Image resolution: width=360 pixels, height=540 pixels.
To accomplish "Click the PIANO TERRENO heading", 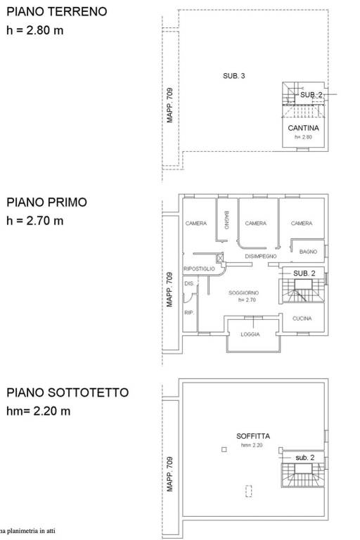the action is pyautogui.click(x=57, y=11).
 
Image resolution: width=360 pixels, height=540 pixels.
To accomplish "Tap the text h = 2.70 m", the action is pyautogui.click(x=34, y=221).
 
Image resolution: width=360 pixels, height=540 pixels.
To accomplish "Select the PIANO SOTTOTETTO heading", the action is pyautogui.click(x=67, y=392).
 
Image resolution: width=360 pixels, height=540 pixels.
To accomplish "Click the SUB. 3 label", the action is pyautogui.click(x=234, y=76).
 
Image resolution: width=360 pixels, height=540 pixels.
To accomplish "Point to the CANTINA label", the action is pyautogui.click(x=303, y=128).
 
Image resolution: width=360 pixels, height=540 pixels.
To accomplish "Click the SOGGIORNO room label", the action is pyautogui.click(x=243, y=292).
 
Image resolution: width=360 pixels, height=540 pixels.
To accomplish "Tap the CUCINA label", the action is pyautogui.click(x=302, y=319).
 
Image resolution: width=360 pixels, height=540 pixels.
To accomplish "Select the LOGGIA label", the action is pyautogui.click(x=250, y=335).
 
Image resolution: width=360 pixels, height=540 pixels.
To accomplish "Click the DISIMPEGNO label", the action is pyautogui.click(x=260, y=256).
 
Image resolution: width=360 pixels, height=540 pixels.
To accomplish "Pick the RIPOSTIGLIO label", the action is pyautogui.click(x=199, y=269).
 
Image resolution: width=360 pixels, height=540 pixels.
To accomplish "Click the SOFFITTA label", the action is pyautogui.click(x=253, y=436).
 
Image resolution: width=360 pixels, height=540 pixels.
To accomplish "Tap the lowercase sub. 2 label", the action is pyautogui.click(x=305, y=458).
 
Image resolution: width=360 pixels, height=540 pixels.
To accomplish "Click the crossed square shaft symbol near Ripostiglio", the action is pyautogui.click(x=221, y=257).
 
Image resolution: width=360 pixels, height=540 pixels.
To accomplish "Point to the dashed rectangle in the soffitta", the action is pyautogui.click(x=249, y=491).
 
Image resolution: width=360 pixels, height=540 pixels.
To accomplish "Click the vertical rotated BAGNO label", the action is pyautogui.click(x=226, y=220).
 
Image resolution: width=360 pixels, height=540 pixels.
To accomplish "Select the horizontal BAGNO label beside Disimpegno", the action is pyautogui.click(x=309, y=252).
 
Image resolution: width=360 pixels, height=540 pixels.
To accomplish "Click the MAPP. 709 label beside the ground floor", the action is pyautogui.click(x=170, y=105).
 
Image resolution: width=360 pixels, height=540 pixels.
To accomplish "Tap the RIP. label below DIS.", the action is pyautogui.click(x=189, y=313).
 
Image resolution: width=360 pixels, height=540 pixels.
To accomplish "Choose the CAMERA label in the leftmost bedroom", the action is pyautogui.click(x=196, y=223).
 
